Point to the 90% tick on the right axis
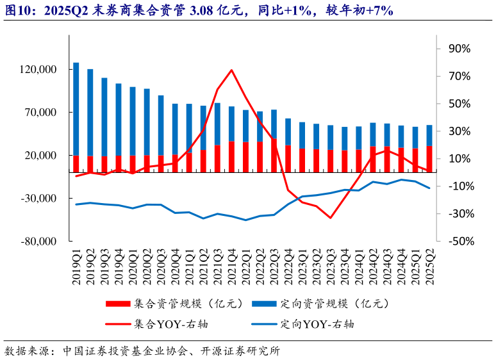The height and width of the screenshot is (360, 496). point(459,49)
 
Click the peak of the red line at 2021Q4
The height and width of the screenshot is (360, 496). point(231,70)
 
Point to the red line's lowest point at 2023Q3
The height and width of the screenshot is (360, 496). point(331,218)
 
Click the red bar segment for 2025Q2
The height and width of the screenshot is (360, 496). point(430,159)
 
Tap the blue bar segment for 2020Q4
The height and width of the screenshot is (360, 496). point(175,128)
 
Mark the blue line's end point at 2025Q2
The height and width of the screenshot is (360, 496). point(430,188)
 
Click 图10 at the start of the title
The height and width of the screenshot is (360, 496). point(17,11)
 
